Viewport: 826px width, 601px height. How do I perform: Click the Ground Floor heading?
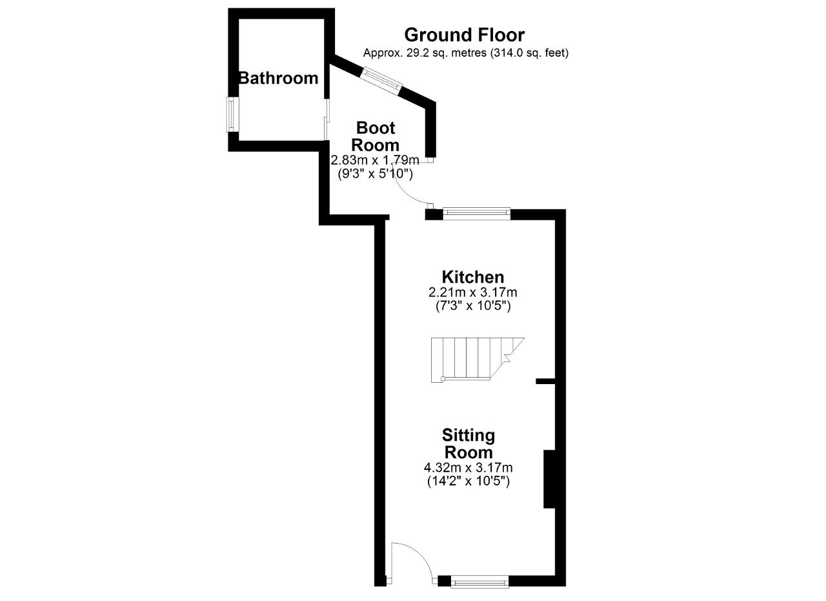click(x=464, y=35)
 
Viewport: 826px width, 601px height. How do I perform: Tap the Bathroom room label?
click(x=279, y=78)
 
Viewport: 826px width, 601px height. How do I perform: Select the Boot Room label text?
click(x=376, y=136)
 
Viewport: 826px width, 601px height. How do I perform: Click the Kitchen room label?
click(x=473, y=277)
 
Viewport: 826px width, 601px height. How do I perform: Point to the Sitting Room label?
click(x=468, y=444)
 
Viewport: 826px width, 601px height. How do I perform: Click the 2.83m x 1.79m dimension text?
click(x=375, y=160)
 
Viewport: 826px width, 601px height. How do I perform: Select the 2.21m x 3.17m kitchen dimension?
click(x=473, y=292)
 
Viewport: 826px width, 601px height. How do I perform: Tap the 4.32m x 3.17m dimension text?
click(x=468, y=468)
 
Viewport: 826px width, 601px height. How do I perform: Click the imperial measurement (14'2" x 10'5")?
click(x=468, y=481)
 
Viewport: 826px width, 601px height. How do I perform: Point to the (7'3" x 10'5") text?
click(x=473, y=306)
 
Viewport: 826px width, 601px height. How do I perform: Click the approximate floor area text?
click(x=466, y=53)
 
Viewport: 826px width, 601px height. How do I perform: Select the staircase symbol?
click(x=478, y=360)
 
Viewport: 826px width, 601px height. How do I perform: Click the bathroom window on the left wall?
click(x=232, y=114)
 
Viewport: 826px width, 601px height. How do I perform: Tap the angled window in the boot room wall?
click(x=381, y=82)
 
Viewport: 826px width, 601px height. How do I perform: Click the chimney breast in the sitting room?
click(x=549, y=479)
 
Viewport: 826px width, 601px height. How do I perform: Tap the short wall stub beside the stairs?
click(x=546, y=382)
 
